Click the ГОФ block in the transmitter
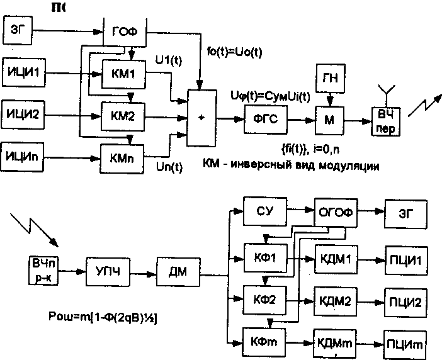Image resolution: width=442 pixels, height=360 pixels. tap(125, 31)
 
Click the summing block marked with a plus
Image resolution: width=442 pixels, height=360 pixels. tap(201, 116)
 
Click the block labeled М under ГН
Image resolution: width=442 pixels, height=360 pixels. tap(329, 118)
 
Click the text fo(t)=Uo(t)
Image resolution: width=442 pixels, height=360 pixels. tap(234, 50)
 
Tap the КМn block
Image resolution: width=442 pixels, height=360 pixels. tap(122, 154)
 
